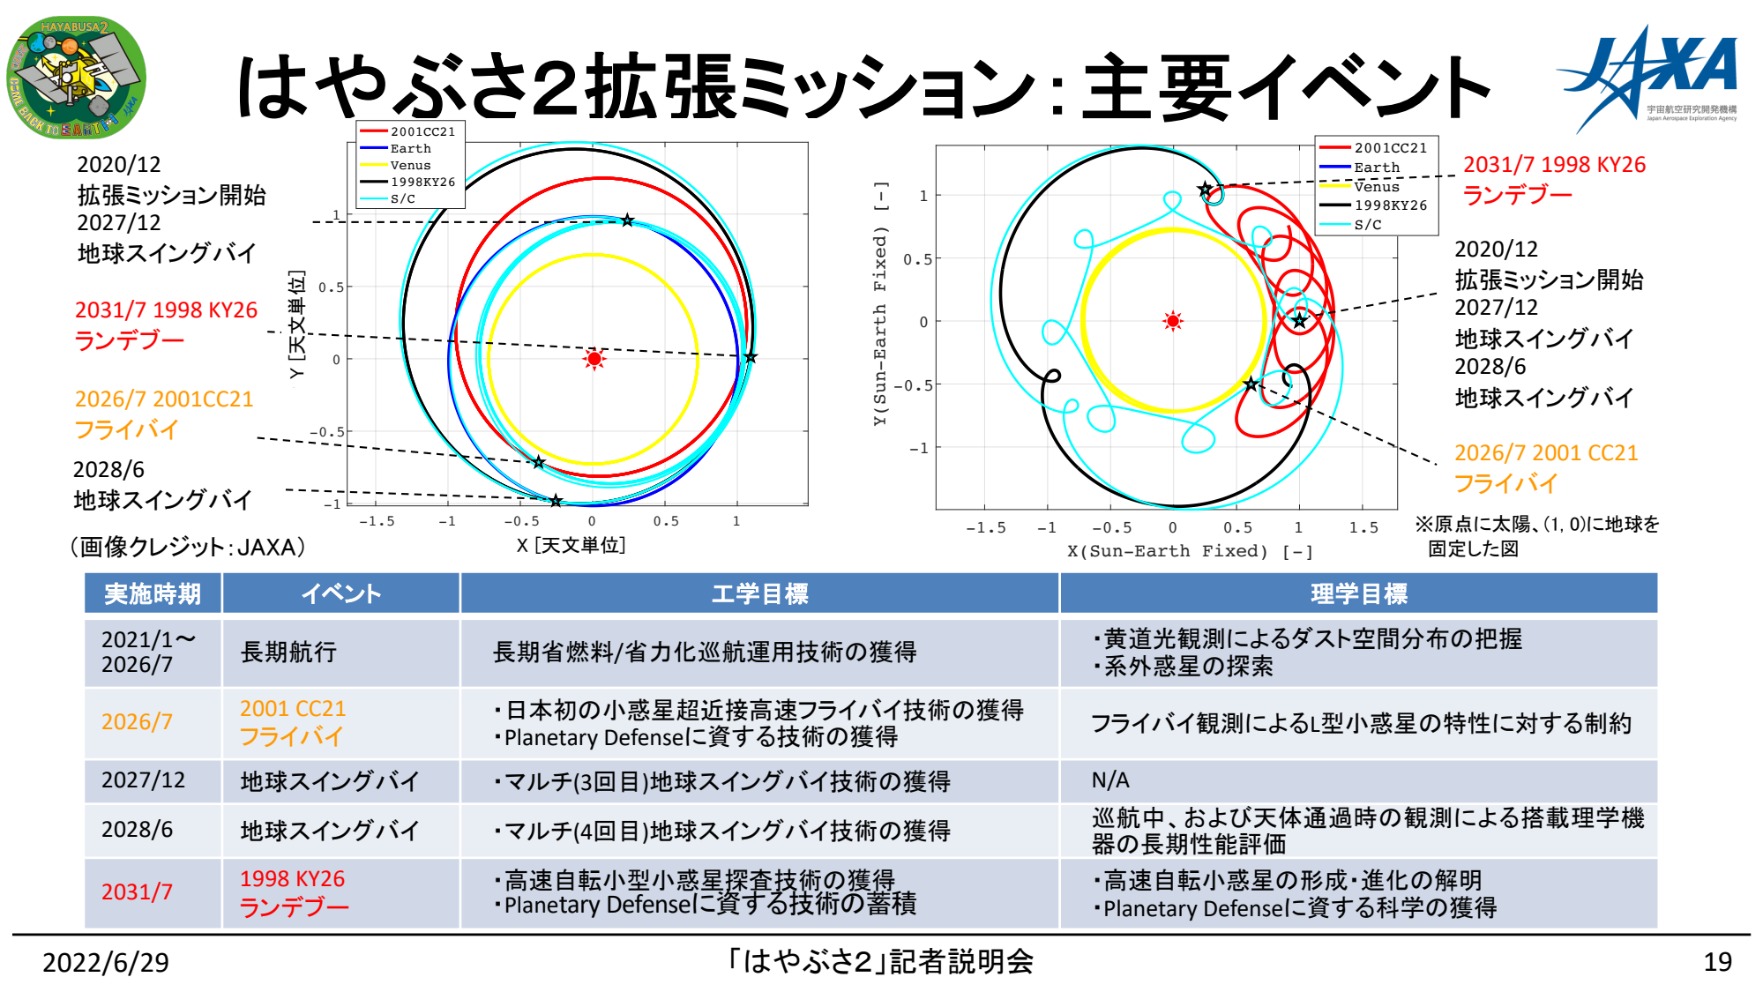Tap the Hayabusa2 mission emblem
77,77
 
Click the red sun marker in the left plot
594,359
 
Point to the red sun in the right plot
1173,321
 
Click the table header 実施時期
153,593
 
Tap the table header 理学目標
1358,593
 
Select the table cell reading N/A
1110,780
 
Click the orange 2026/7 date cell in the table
137,722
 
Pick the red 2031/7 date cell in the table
137,892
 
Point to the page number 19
1718,962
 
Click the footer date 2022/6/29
106,962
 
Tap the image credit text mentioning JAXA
188,547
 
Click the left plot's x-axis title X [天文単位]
571,545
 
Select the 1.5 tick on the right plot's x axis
1363,527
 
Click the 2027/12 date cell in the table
143,780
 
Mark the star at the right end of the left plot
751,357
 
